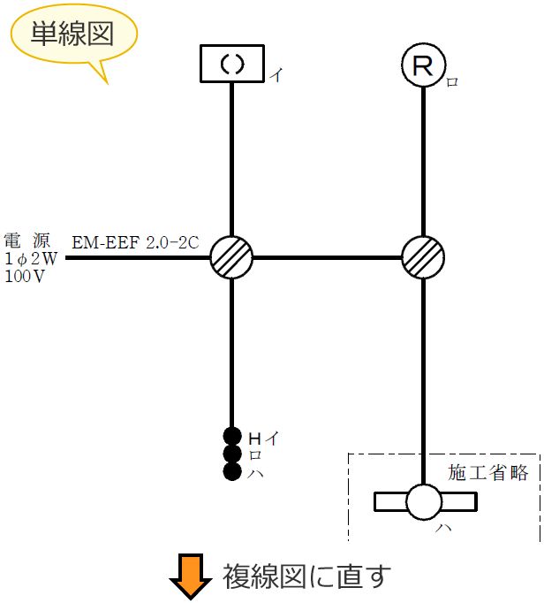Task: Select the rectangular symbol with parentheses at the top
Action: click(x=230, y=64)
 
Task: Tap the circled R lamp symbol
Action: click(x=423, y=64)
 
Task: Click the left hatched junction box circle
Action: click(x=231, y=258)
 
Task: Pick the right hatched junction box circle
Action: click(x=423, y=258)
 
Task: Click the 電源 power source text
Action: click(x=26, y=240)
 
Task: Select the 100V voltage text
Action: click(x=24, y=277)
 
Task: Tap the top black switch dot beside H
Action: click(x=232, y=436)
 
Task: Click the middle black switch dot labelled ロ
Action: click(x=232, y=454)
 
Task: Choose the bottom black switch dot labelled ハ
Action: click(x=232, y=471)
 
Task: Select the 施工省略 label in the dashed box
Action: click(x=487, y=473)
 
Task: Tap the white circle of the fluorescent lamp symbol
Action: click(x=423, y=501)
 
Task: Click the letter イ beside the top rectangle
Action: click(x=276, y=76)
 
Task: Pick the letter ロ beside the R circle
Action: click(x=452, y=82)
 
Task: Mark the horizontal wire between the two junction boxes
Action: click(x=327, y=258)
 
